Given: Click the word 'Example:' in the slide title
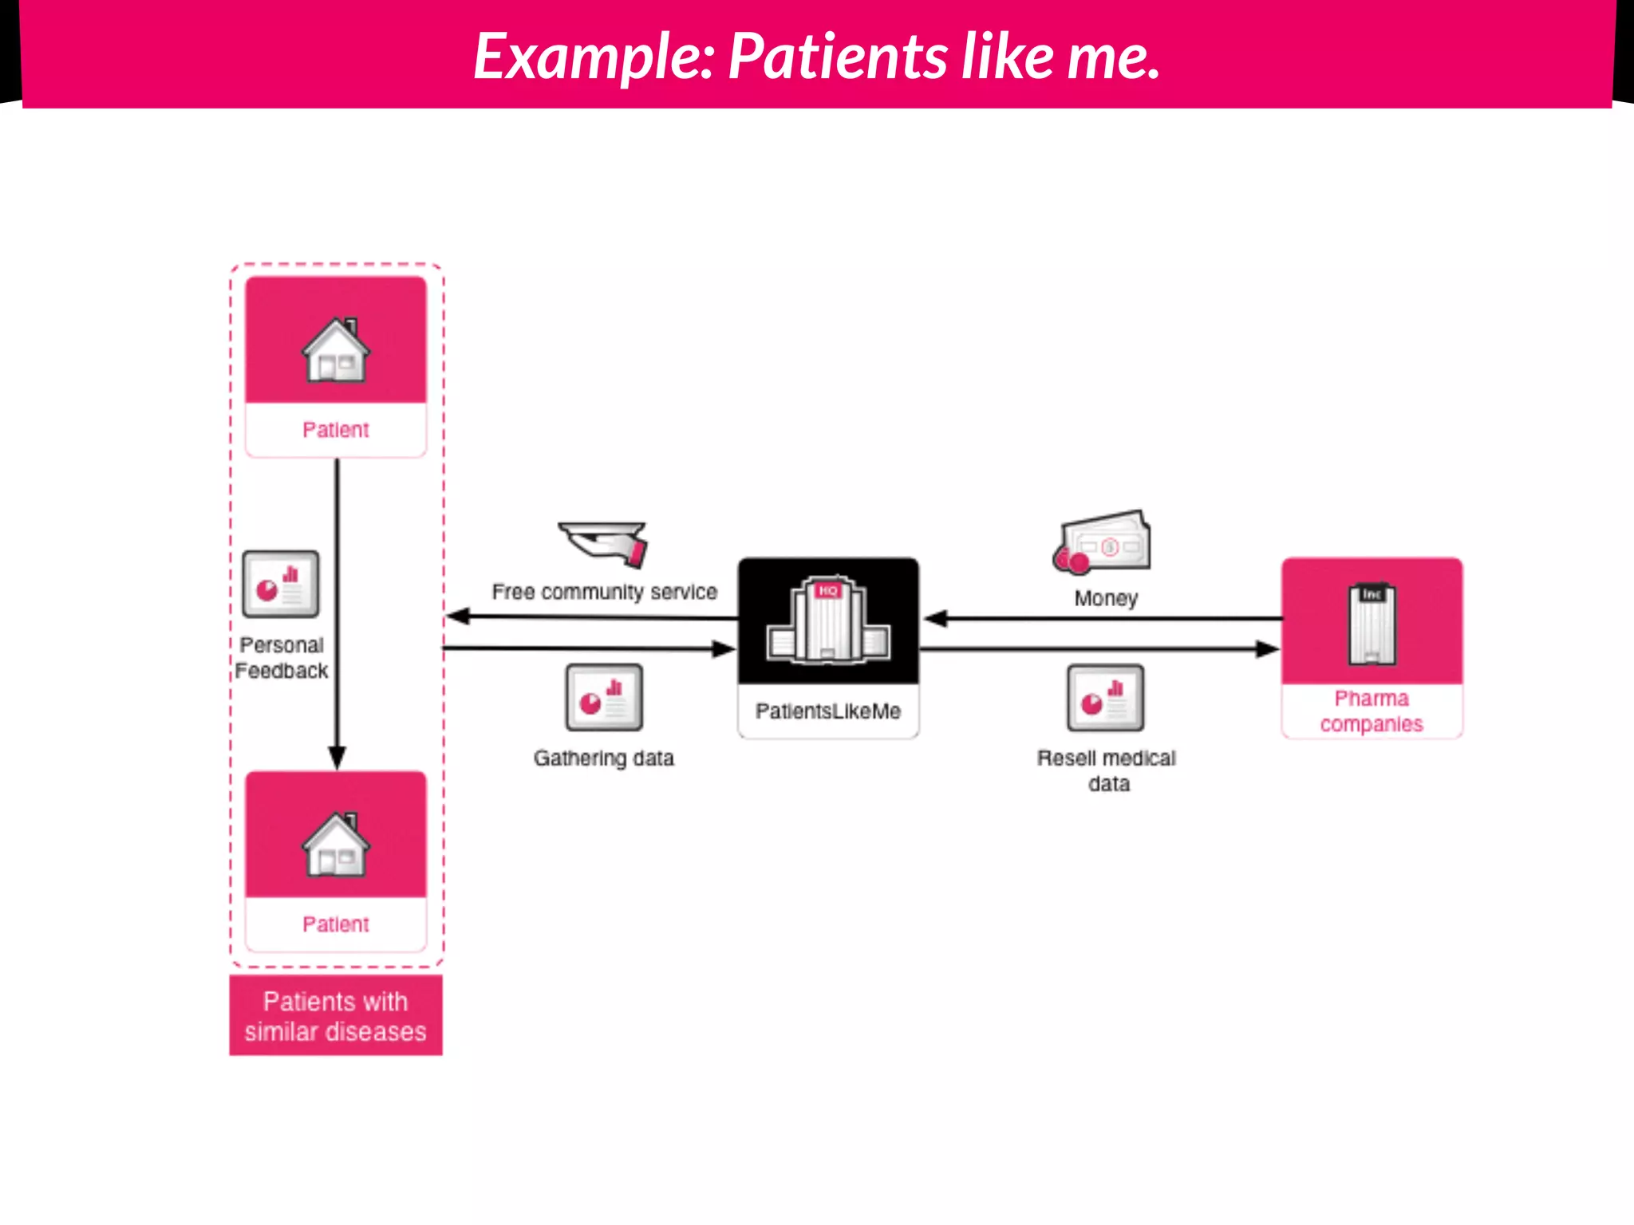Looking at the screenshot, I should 594,57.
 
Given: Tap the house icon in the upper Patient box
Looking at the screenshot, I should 336,350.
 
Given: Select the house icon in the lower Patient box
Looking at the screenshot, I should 336,845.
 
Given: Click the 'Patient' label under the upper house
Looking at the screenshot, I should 336,430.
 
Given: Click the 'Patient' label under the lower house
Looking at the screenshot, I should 336,924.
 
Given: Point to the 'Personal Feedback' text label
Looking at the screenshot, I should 282,658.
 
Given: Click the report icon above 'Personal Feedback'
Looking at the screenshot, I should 281,584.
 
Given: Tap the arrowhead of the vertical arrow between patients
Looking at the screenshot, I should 337,757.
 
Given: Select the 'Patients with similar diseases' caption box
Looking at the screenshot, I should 336,1016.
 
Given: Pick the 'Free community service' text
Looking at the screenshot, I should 605,592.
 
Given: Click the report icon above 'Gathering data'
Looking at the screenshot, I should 604,698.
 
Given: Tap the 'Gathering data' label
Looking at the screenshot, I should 604,758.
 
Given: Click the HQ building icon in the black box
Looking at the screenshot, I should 828,620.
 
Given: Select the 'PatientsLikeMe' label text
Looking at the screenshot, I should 828,711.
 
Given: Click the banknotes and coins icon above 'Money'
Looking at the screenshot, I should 1103,542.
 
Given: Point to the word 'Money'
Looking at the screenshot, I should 1106,598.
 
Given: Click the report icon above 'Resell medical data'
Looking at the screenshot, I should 1106,698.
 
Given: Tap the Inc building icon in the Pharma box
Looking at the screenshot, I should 1372,624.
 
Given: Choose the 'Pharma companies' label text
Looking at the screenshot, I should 1372,711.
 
